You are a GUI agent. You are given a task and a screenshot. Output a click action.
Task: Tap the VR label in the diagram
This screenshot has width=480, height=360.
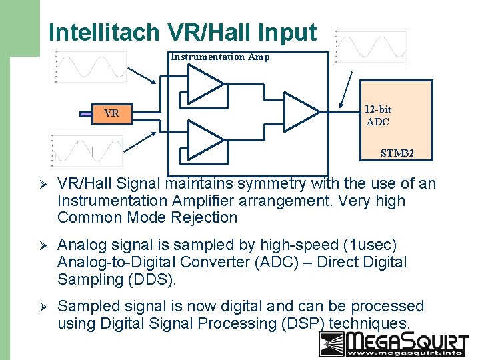pyautogui.click(x=111, y=113)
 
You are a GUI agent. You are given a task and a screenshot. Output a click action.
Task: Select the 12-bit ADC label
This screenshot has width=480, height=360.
pyautogui.click(x=378, y=115)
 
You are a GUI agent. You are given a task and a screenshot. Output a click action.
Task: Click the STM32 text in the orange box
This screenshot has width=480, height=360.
pyautogui.click(x=397, y=153)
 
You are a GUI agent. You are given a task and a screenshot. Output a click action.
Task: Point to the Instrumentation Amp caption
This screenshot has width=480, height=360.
pyautogui.click(x=220, y=57)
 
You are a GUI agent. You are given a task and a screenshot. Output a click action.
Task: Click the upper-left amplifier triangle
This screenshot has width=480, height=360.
pyautogui.click(x=203, y=85)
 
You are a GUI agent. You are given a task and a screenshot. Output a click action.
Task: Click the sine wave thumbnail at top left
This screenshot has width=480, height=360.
pyautogui.click(x=90, y=67)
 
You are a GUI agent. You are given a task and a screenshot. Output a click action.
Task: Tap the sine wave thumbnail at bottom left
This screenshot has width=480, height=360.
pyautogui.click(x=85, y=150)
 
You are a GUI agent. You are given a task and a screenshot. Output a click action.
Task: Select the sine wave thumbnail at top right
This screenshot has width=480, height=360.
pyautogui.click(x=370, y=47)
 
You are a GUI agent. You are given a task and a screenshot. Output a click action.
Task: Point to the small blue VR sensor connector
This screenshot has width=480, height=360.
pyautogui.click(x=85, y=114)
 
